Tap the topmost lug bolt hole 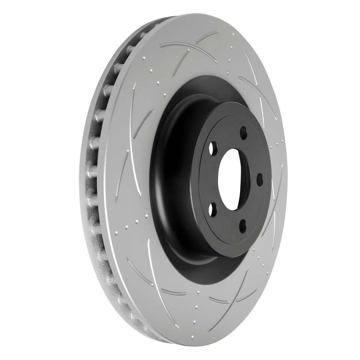click(x=244, y=132)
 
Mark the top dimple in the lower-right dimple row click(x=254, y=249)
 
